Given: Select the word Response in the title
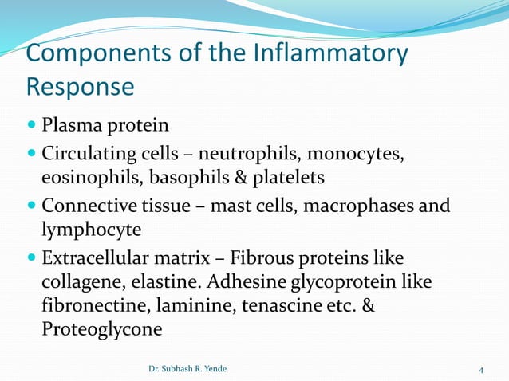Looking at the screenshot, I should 80,86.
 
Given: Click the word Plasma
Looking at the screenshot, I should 73,125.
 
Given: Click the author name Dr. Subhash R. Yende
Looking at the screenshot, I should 188,369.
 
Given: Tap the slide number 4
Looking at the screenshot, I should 481,369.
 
